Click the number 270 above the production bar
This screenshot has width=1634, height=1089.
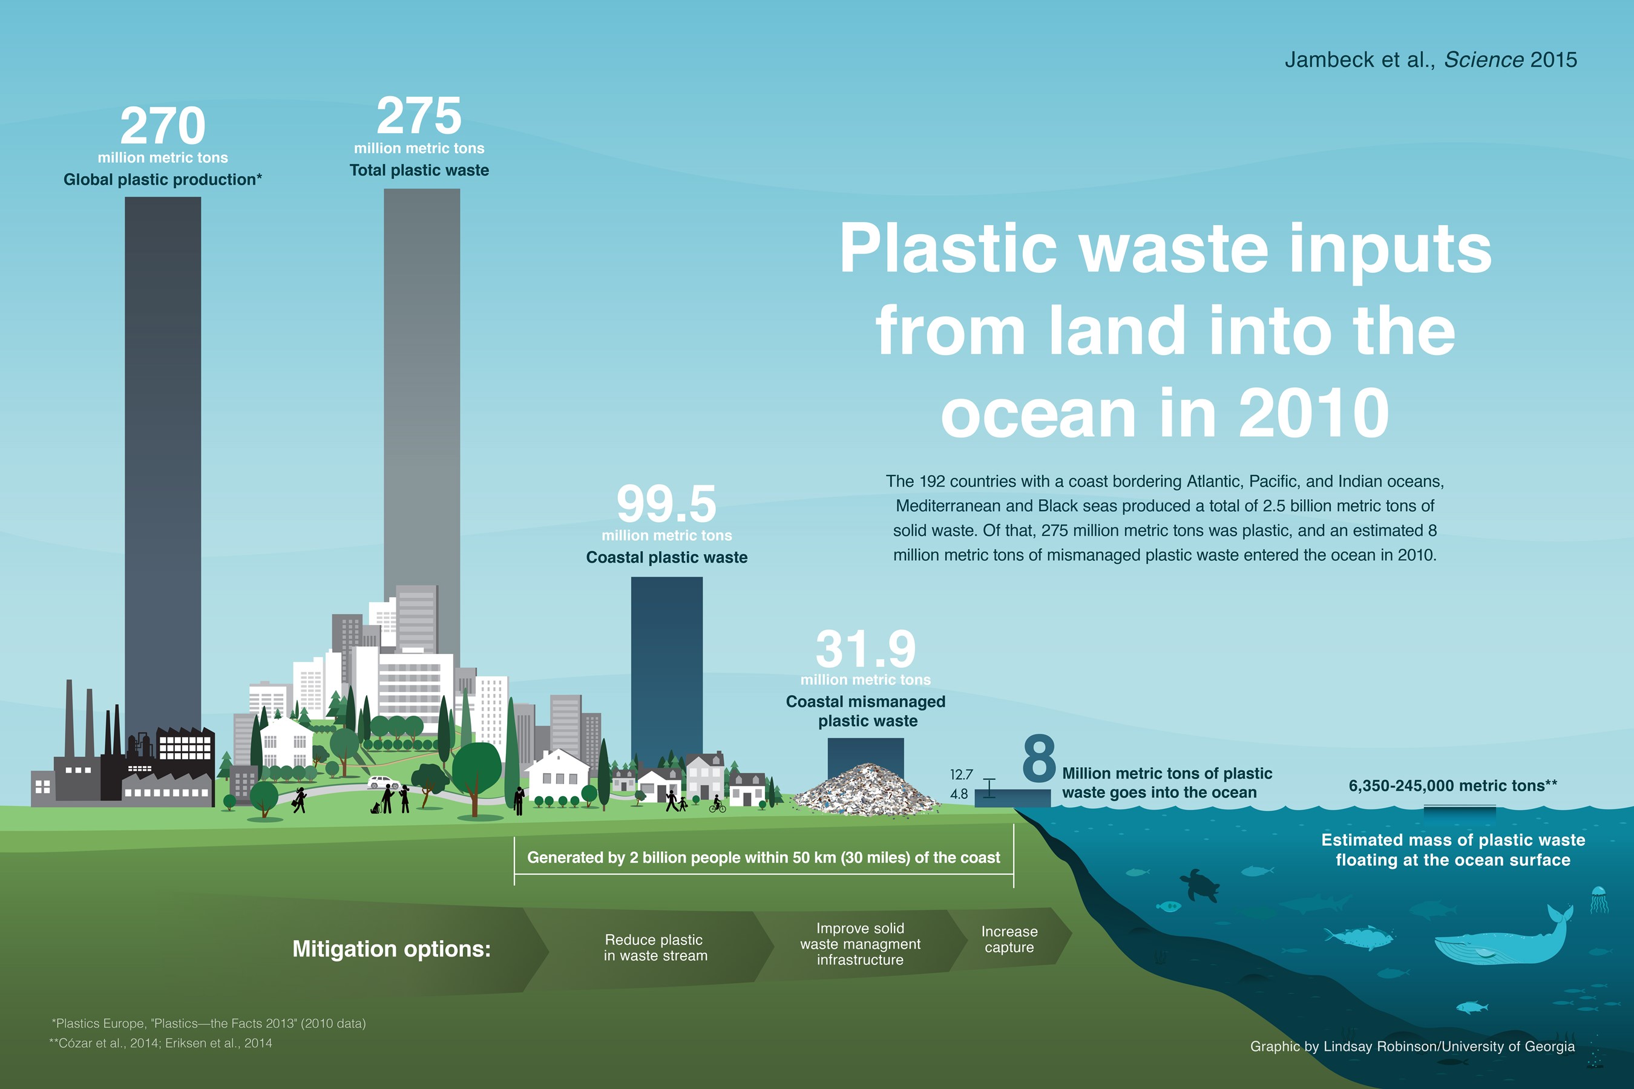pos(163,126)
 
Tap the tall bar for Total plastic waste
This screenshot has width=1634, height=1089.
pos(422,417)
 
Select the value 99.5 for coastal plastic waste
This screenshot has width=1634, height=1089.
pos(666,503)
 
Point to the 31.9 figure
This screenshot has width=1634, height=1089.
pos(865,649)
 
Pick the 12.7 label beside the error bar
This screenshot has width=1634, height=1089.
pos(962,774)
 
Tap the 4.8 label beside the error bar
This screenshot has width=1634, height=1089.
pos(959,794)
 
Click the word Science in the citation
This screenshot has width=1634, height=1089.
pos(1484,60)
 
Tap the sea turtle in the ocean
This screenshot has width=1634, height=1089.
pos(1200,886)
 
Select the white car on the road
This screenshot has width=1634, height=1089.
pos(384,782)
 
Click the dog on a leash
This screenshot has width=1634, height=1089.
pos(376,808)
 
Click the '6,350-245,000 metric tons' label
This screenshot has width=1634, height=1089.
pos(1452,785)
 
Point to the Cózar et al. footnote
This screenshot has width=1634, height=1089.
pos(160,1043)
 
